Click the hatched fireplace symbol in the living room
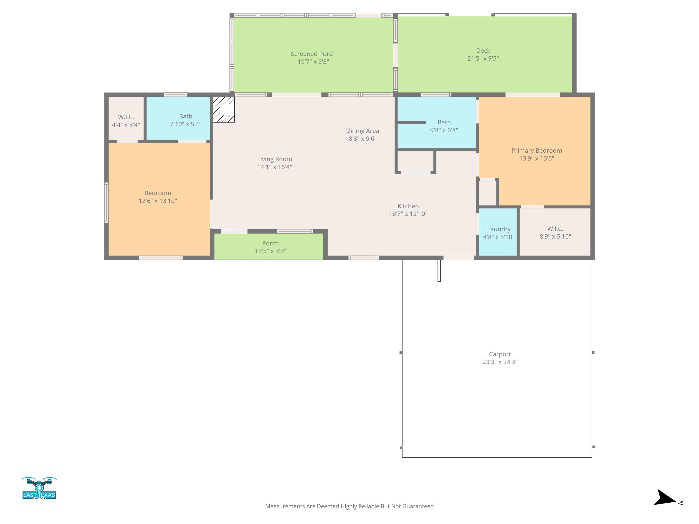pos(223,110)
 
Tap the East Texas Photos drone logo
pos(39,488)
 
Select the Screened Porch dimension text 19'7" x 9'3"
pos(313,62)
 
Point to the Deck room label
pos(483,50)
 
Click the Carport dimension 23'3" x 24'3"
pos(500,362)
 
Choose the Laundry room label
pos(499,229)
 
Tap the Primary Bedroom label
pos(536,151)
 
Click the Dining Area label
pos(362,131)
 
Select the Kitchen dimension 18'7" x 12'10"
pos(408,214)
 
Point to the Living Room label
pos(274,159)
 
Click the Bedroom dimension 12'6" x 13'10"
pos(158,201)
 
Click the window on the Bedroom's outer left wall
pos(106,203)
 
